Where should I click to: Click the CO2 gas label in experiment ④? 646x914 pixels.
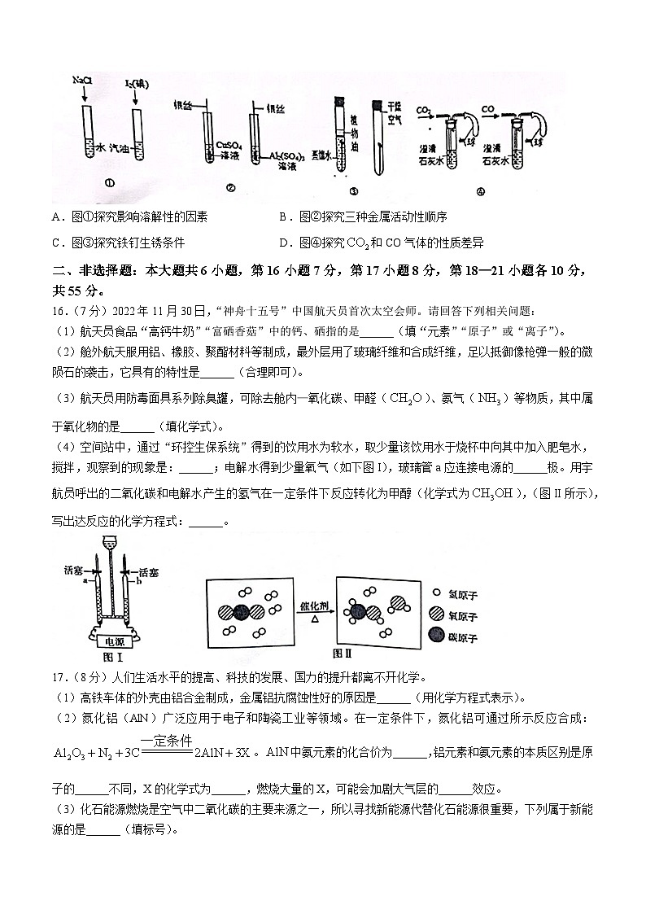pos(423,108)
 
